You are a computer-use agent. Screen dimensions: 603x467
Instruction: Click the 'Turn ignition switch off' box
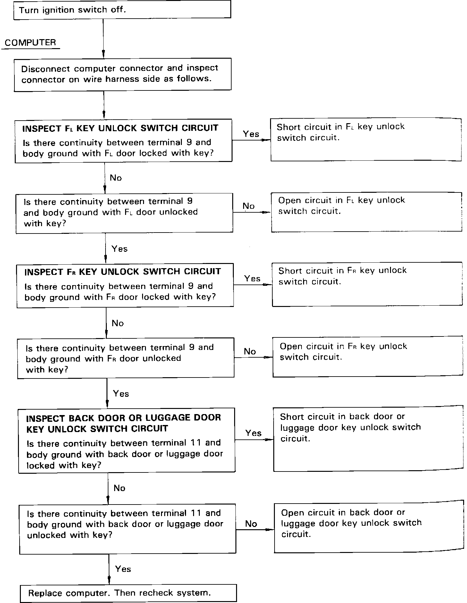coord(122,10)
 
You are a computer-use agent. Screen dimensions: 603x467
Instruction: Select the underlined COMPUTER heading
coord(30,43)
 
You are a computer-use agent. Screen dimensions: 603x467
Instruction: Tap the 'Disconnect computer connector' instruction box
coord(123,74)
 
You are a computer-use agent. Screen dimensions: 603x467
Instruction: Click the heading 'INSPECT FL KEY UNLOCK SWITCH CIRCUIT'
coord(120,128)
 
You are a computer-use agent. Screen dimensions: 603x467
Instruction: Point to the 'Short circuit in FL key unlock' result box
coord(366,140)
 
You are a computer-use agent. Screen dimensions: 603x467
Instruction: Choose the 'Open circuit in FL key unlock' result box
coord(367,212)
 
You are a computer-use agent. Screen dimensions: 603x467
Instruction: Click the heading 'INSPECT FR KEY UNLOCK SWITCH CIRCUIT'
coord(123,272)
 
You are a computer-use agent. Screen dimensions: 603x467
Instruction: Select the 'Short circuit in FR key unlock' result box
coord(368,284)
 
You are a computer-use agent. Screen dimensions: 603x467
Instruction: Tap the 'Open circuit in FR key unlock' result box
coord(368,356)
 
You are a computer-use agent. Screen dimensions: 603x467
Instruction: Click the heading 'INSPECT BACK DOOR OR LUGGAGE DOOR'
coord(123,418)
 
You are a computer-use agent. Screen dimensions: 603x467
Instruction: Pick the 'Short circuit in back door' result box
coord(369,439)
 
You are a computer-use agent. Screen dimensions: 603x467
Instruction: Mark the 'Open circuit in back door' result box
coord(369,528)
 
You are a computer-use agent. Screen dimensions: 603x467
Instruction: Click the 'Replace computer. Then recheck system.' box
coord(128,593)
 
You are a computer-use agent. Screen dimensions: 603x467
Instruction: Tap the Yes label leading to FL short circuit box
coord(251,134)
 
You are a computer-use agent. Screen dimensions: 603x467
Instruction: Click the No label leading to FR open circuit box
coord(250,351)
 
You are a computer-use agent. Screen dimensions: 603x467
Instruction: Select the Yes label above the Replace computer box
coord(123,569)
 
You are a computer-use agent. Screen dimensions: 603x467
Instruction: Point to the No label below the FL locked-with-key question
coord(116,178)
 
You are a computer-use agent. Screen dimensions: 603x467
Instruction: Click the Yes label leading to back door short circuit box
coord(253,433)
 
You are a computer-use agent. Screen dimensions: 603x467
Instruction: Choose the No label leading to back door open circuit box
coord(251,524)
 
